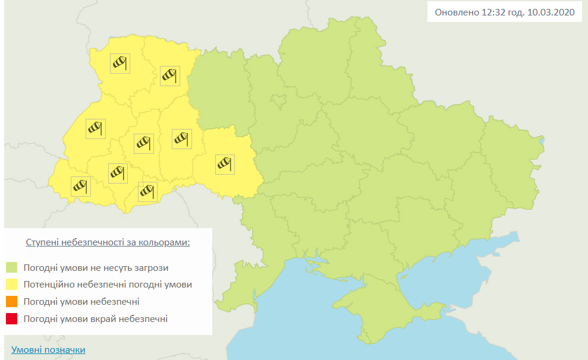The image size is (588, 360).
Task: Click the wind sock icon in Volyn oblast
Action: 120,63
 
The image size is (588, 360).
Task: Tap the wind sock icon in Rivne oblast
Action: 170,75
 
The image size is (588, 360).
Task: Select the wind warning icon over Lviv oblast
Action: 95,129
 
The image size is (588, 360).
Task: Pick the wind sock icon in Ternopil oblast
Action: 144,143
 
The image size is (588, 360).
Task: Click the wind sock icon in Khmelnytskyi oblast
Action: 181,138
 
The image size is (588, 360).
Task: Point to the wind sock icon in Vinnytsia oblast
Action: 225,164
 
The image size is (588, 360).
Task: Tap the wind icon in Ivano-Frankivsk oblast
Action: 118,173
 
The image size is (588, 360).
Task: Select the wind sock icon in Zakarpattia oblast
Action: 80,186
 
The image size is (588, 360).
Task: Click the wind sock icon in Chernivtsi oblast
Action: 147,192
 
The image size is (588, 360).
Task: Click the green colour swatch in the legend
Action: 12,267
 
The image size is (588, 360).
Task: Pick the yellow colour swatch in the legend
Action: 12,285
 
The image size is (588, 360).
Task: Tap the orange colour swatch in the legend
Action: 12,302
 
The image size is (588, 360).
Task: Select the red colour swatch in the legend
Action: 12,319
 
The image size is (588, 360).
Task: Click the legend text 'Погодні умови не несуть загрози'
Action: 96,267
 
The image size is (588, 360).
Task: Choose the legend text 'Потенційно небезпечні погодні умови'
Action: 108,285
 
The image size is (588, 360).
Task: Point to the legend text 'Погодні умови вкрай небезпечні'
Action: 96,319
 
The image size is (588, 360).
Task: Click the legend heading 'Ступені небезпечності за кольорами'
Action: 108,243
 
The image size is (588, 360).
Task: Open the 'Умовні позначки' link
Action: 48,350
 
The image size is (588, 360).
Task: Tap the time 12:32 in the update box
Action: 487,12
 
